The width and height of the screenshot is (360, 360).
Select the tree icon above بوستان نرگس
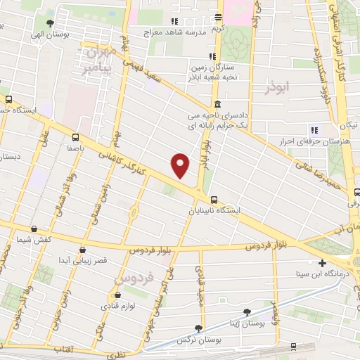tap(199, 328)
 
